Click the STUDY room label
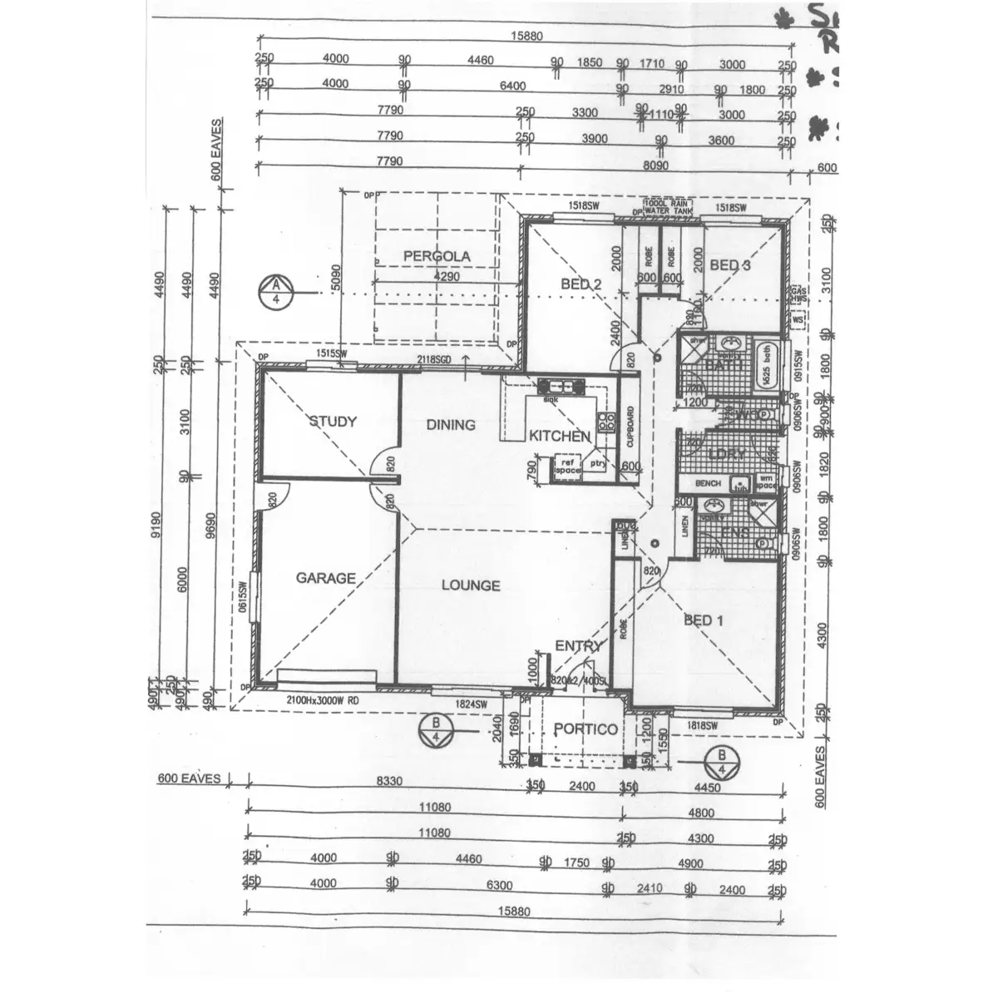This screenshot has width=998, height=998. click(x=333, y=422)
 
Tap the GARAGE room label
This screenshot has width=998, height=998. click(x=326, y=578)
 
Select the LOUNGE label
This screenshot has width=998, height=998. click(x=471, y=585)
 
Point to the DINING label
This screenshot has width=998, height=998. click(x=451, y=425)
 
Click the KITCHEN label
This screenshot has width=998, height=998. click(x=560, y=436)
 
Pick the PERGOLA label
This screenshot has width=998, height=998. click(x=437, y=256)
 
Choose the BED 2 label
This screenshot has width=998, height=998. click(x=581, y=284)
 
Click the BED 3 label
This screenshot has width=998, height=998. click(x=730, y=265)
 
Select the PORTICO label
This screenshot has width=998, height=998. click(x=586, y=729)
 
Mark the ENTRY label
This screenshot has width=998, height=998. click(x=578, y=646)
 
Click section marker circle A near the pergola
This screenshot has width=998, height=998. click(x=274, y=293)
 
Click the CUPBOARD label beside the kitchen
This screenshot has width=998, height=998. click(x=630, y=426)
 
